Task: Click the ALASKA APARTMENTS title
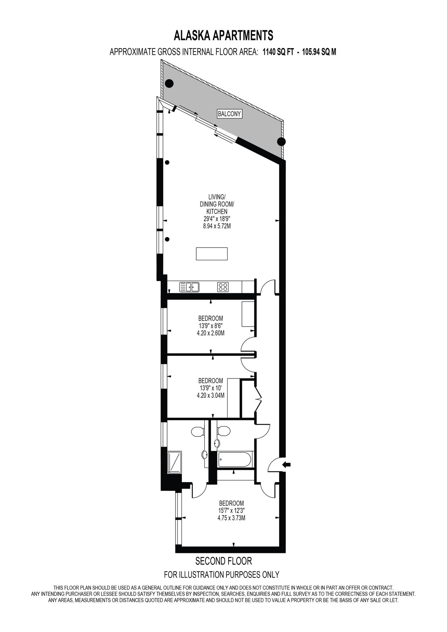pos(223,35)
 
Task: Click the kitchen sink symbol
pos(190,287)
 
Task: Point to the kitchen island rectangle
pos(212,254)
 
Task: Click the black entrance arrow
pos(287,465)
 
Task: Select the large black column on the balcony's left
pos(169,84)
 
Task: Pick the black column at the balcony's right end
pos(281,141)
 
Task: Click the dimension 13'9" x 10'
pos(211,388)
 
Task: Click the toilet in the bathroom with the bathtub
pos(223,430)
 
